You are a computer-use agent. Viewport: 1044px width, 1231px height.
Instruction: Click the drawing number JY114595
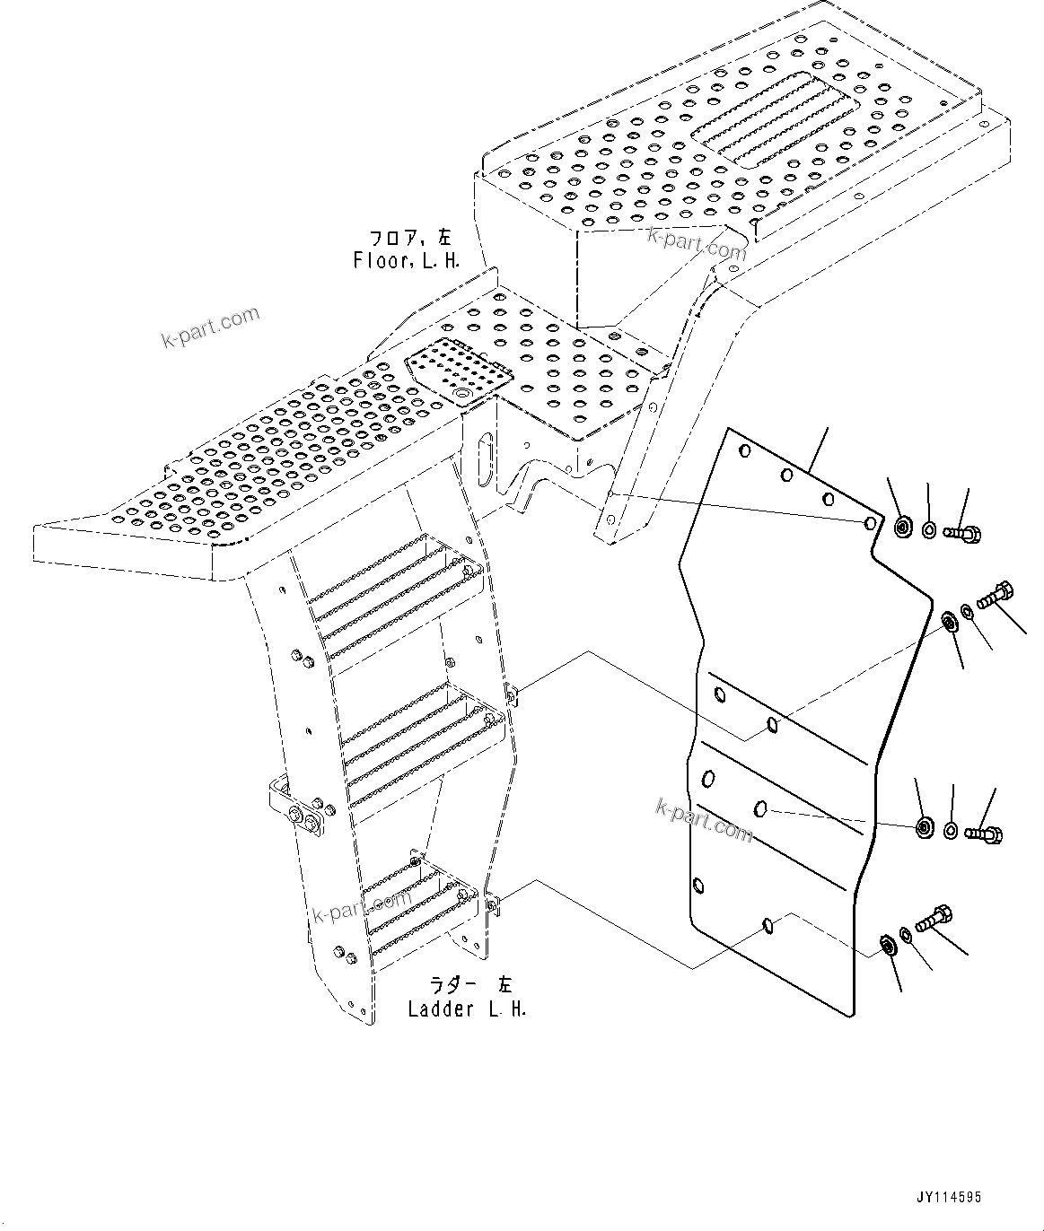pyautogui.click(x=949, y=1197)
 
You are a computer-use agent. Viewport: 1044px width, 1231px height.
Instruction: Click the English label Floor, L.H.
pyautogui.click(x=407, y=261)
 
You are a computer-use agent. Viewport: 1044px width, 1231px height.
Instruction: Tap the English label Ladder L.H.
pyautogui.click(x=466, y=1008)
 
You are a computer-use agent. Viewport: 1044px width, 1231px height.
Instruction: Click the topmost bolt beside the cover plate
pyautogui.click(x=963, y=533)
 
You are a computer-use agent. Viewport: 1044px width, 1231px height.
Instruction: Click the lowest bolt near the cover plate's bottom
pyautogui.click(x=932, y=920)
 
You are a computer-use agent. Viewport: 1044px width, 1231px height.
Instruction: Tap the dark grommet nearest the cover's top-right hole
pyautogui.click(x=903, y=527)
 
